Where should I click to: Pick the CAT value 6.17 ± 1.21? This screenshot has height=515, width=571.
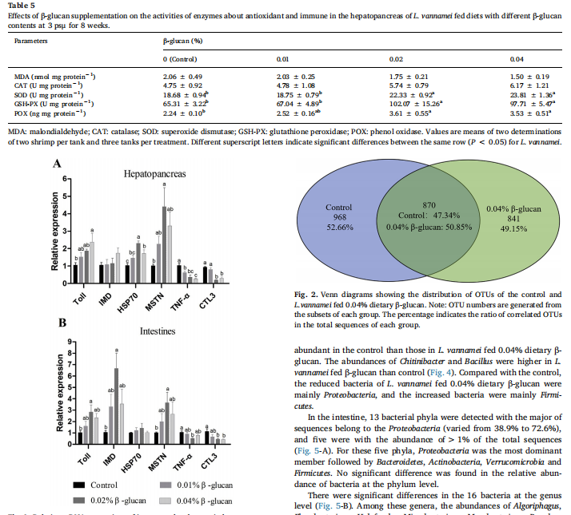pyautogui.click(x=528, y=84)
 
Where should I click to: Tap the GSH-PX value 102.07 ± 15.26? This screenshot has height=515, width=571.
pyautogui.click(x=417, y=103)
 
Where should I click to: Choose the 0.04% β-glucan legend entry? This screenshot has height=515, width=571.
pyautogui.click(x=202, y=501)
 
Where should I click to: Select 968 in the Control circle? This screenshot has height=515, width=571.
pyautogui.click(x=338, y=216)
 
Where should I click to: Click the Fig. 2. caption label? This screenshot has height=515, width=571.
pyautogui.click(x=305, y=295)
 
